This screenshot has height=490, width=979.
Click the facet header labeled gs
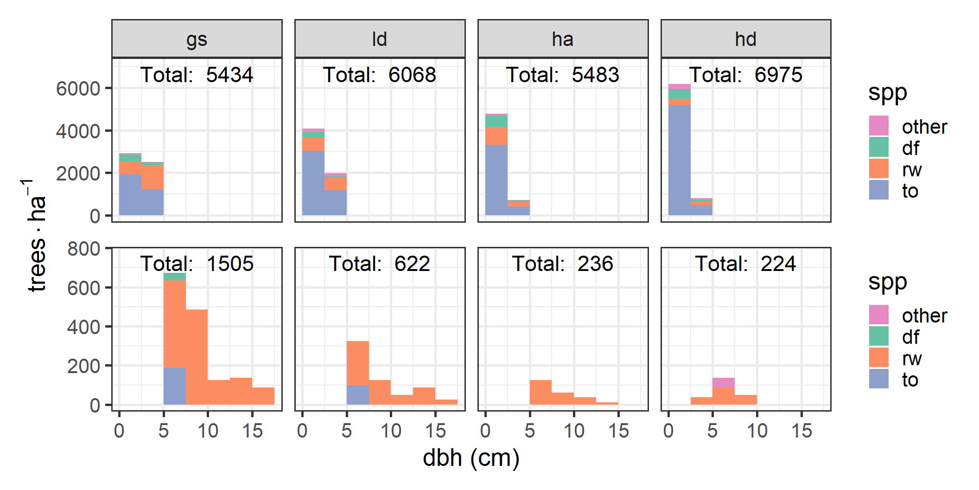tap(197, 39)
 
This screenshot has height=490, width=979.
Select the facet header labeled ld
tap(380, 39)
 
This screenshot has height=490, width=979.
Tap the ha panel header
tap(563, 39)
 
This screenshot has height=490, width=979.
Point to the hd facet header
tap(745, 39)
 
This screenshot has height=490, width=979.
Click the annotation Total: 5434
tap(197, 75)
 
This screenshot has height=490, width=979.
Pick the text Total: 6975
tap(745, 75)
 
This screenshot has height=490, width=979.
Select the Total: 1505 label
tap(197, 264)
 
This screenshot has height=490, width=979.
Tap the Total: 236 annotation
tap(563, 264)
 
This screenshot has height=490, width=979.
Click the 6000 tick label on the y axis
tap(78, 88)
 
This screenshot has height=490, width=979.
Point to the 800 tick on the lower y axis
tap(83, 249)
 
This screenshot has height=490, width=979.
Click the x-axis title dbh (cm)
tap(471, 458)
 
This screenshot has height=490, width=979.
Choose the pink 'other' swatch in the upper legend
tap(878, 126)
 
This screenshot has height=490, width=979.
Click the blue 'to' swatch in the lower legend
tap(878, 379)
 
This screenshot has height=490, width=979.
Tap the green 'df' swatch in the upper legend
tap(878, 147)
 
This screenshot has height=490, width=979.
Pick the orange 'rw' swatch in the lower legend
tap(878, 357)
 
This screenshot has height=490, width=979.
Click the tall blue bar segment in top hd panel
tap(679, 160)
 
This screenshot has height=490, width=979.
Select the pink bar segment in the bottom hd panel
tap(723, 383)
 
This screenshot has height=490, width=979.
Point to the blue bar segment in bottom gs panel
tap(175, 386)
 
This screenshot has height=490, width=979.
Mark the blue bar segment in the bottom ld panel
tap(357, 394)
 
